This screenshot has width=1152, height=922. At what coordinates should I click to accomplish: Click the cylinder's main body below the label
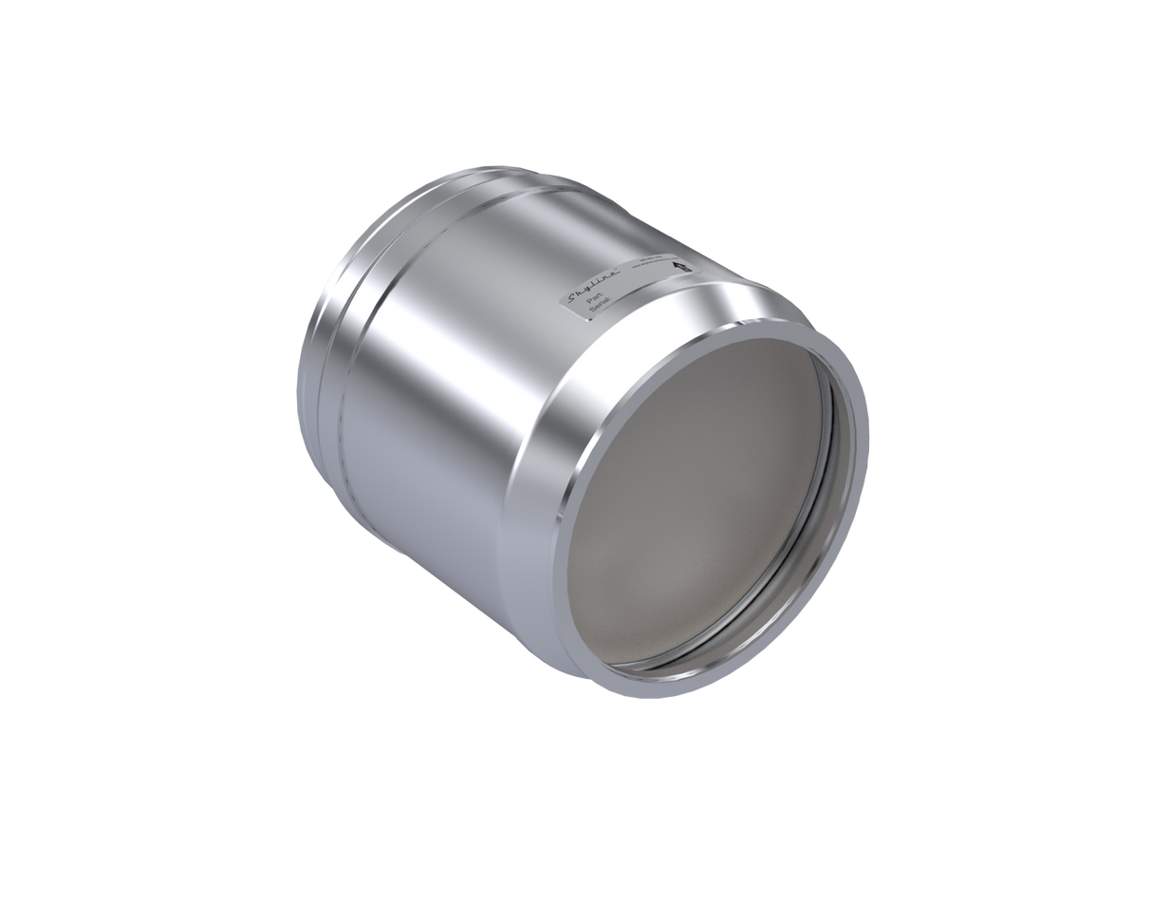pos(446,399)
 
